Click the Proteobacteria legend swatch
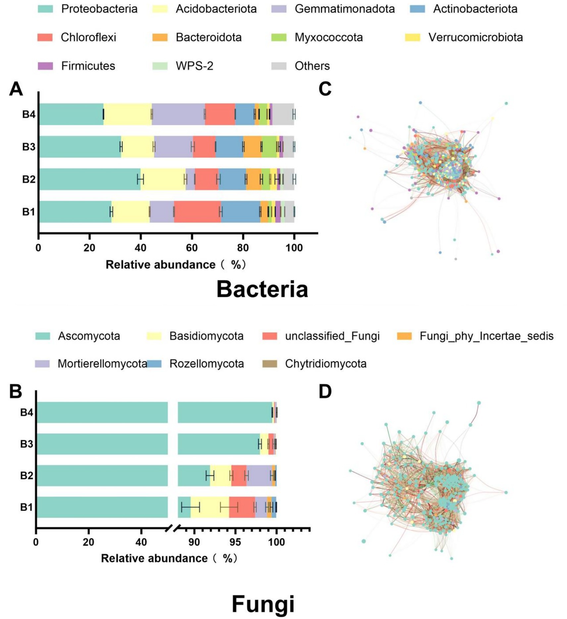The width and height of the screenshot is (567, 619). [x=45, y=9]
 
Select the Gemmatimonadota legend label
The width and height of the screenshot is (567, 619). [x=344, y=9]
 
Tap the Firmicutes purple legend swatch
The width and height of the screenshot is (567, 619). [x=45, y=66]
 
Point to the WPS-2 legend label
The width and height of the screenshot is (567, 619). [x=194, y=66]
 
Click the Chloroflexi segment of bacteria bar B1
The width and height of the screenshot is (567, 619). [x=197, y=212]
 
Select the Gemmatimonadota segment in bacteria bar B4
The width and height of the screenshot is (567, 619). [x=178, y=114]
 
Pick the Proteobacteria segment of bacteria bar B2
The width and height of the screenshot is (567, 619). [x=89, y=179]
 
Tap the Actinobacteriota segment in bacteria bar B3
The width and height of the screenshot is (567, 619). [x=229, y=147]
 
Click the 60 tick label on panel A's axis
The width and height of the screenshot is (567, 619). [x=191, y=248]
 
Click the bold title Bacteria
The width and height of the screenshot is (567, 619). [x=262, y=289]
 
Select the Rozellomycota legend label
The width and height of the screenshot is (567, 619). [x=207, y=364]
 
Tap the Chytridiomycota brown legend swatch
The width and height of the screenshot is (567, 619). [x=269, y=364]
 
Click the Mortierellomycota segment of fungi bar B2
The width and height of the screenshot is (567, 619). [x=259, y=476]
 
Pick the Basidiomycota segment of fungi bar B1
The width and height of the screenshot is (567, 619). [x=210, y=507]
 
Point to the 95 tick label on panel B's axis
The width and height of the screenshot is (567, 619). [x=235, y=542]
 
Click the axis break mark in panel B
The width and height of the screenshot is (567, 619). [x=173, y=528]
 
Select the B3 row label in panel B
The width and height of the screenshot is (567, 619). [x=26, y=444]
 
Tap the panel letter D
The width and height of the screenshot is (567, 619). [x=325, y=392]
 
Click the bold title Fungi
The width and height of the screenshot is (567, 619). [x=263, y=604]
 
